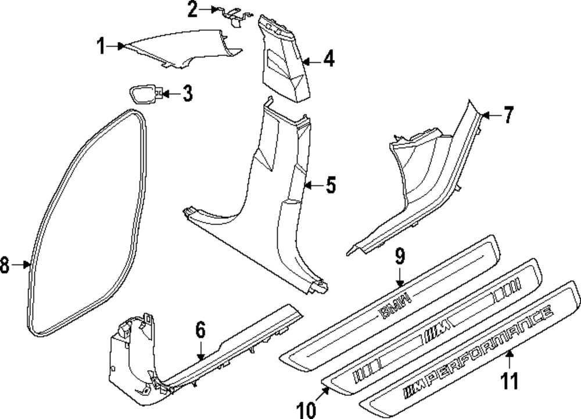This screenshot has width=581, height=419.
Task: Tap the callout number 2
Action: click(x=192, y=9)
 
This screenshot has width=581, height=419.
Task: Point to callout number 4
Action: click(x=329, y=59)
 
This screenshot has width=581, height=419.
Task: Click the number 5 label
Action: click(x=330, y=185)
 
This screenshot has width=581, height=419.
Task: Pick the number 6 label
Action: click(x=200, y=331)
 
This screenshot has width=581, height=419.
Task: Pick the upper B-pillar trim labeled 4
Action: click(x=285, y=61)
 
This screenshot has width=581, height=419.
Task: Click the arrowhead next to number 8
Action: click(x=27, y=265)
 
